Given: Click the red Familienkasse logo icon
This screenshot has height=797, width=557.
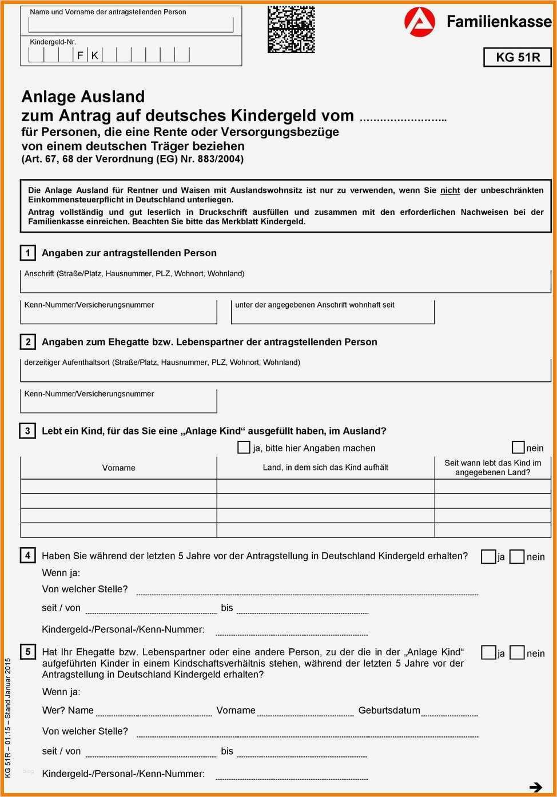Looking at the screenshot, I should (x=419, y=22).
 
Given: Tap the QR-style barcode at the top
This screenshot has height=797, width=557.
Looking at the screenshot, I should (x=291, y=29).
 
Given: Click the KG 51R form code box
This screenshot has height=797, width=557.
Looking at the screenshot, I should (x=518, y=57).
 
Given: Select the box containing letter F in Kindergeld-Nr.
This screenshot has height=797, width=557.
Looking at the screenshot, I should (x=81, y=55).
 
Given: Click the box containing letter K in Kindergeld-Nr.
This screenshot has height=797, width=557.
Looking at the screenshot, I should (x=95, y=55).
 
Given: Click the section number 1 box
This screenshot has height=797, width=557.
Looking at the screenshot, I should (x=27, y=253).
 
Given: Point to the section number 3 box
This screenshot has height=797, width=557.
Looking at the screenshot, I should (x=27, y=431).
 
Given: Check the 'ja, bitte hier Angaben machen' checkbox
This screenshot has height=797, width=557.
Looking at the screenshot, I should (x=244, y=448).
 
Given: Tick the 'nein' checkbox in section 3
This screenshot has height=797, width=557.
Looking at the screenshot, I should (x=518, y=447).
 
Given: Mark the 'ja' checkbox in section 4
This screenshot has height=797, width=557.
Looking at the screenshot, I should (x=488, y=556).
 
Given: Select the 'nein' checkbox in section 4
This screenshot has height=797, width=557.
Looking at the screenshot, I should (x=517, y=556).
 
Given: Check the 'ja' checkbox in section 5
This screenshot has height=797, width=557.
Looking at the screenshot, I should (x=488, y=652).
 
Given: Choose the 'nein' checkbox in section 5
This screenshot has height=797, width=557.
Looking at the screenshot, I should (x=517, y=652).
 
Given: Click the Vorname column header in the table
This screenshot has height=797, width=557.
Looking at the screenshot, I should (x=119, y=468).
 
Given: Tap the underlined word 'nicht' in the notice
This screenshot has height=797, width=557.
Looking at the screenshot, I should (x=450, y=190).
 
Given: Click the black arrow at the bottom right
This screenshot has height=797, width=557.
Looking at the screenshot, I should (x=536, y=787).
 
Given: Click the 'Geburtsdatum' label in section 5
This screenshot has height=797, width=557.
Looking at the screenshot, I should (x=389, y=710).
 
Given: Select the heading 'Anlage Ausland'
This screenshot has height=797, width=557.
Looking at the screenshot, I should (x=83, y=97).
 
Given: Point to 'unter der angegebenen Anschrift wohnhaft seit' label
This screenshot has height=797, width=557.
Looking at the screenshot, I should (x=315, y=305).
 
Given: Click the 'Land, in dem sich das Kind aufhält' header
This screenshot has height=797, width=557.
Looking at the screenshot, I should (x=325, y=467).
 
